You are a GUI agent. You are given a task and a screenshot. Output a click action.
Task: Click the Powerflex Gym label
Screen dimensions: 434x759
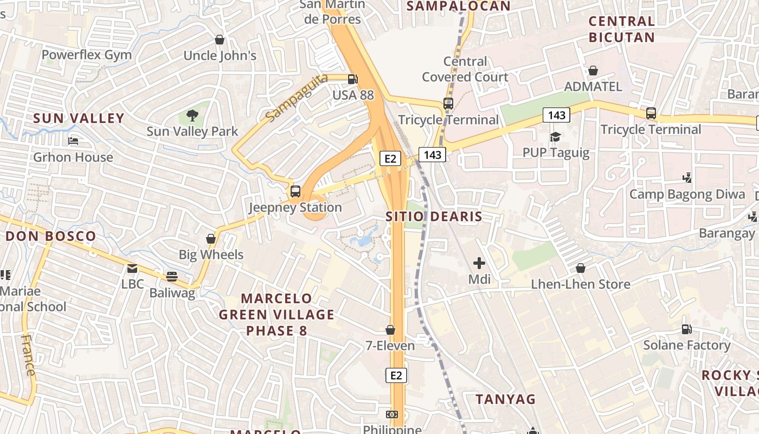[87, 55]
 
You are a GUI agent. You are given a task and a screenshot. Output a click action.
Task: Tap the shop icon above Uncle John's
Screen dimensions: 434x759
[220, 40]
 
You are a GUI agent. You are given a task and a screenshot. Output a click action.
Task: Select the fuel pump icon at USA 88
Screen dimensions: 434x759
[353, 79]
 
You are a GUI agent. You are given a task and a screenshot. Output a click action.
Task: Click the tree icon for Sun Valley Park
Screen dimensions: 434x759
[192, 115]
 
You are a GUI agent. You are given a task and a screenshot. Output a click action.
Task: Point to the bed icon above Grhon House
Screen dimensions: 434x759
[74, 142]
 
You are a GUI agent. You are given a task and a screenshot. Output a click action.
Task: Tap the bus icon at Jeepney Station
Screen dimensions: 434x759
[295, 191]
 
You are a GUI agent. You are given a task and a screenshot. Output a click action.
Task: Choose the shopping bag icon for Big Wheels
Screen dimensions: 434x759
[211, 239]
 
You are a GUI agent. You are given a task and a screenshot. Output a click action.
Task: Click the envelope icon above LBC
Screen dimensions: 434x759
[132, 269]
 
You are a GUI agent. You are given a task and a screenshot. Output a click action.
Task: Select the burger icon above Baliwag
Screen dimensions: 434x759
[172, 277]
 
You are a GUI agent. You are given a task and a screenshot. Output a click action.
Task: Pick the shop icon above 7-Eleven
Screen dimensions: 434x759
[390, 330]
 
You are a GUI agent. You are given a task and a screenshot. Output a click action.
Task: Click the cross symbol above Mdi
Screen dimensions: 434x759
[479, 264]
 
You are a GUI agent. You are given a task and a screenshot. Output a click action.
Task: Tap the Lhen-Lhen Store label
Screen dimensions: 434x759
[580, 284]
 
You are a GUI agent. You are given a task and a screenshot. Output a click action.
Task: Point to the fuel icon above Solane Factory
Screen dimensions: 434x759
[686, 329]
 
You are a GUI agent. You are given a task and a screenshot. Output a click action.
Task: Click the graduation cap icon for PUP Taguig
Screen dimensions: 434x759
[555, 137]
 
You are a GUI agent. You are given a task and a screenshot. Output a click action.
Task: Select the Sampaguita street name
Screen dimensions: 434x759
[297, 98]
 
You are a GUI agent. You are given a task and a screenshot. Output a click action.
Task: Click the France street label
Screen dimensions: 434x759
[28, 355]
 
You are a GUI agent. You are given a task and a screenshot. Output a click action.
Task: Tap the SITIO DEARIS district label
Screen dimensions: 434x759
[434, 217]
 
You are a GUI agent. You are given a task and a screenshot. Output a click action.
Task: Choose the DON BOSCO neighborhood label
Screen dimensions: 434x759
[51, 237]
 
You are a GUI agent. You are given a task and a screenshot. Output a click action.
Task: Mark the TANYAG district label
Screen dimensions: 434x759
[506, 399]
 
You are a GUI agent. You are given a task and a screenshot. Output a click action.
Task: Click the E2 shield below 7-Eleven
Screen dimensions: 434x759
[396, 375]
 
